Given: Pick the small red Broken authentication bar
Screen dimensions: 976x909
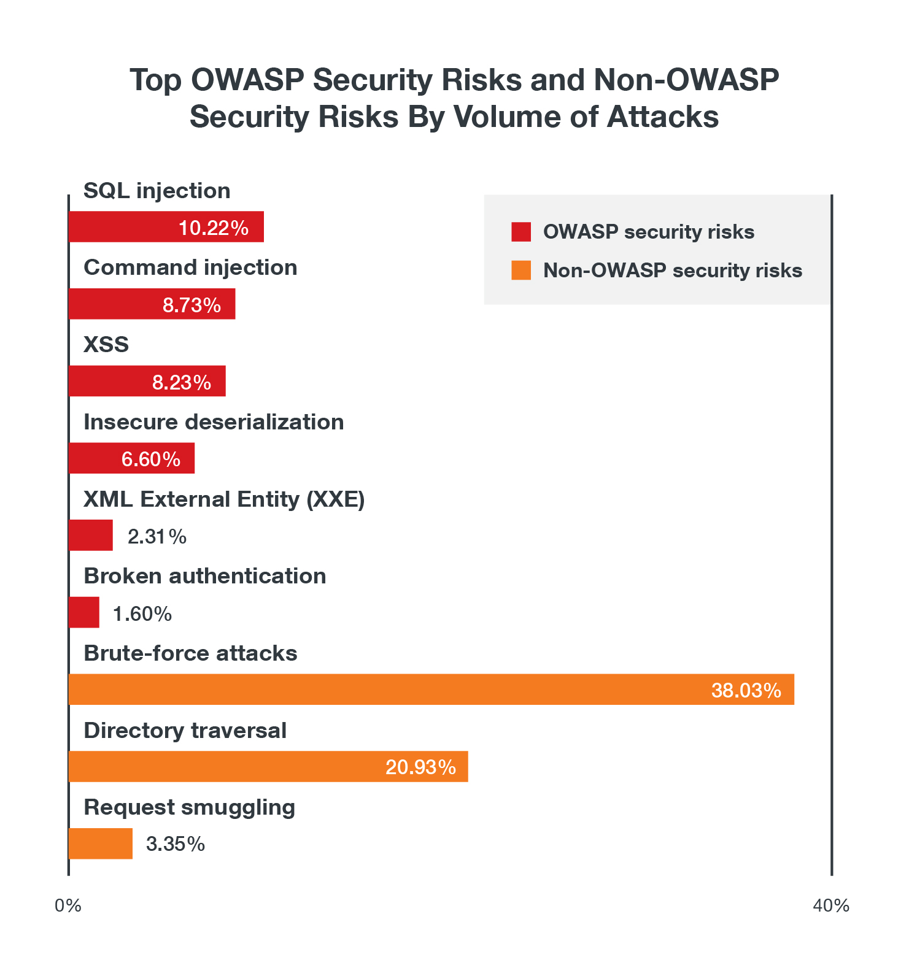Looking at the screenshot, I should click(x=84, y=612).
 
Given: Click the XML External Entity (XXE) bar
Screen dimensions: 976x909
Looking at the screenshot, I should click(x=91, y=536).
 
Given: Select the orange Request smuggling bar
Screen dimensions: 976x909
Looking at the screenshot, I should click(x=101, y=843).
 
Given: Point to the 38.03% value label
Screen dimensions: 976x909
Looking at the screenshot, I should click(x=746, y=690).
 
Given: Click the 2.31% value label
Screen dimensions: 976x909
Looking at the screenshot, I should click(x=157, y=537).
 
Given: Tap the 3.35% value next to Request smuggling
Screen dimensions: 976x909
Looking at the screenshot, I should click(x=175, y=844).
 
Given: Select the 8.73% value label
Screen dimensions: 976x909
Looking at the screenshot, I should click(x=191, y=305).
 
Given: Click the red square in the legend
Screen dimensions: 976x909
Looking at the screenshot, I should click(x=521, y=232).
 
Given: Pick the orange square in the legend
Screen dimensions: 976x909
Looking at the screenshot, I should click(x=521, y=271).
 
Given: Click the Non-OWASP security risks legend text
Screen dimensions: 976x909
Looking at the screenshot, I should click(x=673, y=271).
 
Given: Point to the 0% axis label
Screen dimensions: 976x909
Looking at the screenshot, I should click(x=68, y=905).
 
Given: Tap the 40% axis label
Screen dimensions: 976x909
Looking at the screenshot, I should click(x=831, y=905).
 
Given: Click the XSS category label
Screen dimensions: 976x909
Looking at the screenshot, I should click(x=106, y=345).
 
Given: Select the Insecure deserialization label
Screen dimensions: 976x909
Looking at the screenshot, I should click(x=214, y=422).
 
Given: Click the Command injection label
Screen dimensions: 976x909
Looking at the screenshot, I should click(x=190, y=267).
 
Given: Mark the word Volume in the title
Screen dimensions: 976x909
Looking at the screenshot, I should click(x=511, y=117).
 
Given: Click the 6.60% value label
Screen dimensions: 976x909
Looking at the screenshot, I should click(x=151, y=459).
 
